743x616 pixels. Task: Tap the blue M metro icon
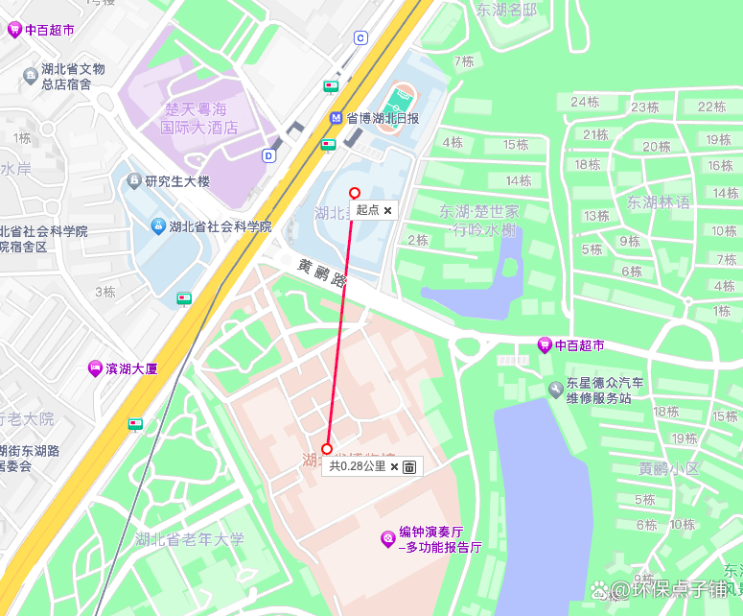(x=336, y=118)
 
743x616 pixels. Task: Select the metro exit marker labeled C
(x=360, y=38)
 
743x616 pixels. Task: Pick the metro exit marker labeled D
(x=268, y=155)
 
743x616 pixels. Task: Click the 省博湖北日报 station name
(x=383, y=118)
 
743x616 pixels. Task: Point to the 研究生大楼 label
(x=177, y=180)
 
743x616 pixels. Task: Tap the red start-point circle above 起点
(x=355, y=193)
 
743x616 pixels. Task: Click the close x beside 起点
(x=387, y=209)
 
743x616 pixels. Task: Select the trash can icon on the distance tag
(x=409, y=466)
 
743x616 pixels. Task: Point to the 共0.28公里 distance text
(x=358, y=466)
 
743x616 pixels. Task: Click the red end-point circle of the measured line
(x=327, y=448)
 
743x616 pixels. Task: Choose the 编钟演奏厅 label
(x=431, y=533)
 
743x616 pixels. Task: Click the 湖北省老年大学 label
(x=190, y=539)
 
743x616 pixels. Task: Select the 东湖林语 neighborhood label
(x=659, y=202)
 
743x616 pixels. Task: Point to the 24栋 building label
(x=585, y=102)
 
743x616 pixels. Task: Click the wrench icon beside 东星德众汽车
(x=555, y=389)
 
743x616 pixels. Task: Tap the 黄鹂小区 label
(x=669, y=469)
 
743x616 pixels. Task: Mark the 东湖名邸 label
(x=507, y=11)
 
